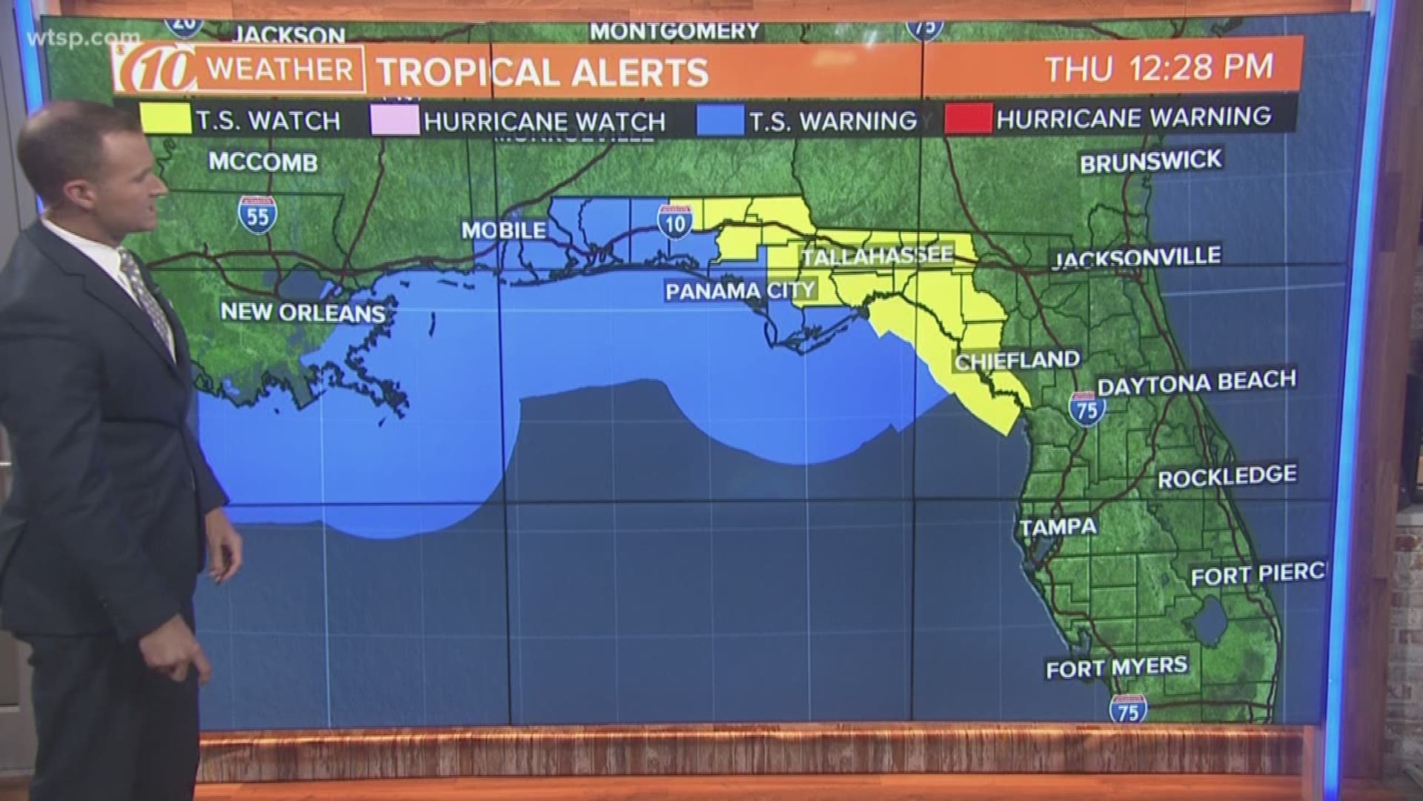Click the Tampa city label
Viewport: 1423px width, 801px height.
tap(1058, 527)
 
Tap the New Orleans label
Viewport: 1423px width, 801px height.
tap(303, 312)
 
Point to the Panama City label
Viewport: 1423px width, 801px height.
tap(740, 290)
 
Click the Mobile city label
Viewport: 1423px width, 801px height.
tap(504, 231)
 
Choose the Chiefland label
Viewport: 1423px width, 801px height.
tap(1017, 361)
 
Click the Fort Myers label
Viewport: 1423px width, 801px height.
tap(1116, 667)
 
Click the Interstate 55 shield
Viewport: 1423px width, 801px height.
tap(258, 214)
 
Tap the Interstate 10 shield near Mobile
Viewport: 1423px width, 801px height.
tap(675, 221)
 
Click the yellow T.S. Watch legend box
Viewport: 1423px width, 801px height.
tap(165, 119)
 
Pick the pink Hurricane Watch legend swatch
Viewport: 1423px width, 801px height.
tap(394, 120)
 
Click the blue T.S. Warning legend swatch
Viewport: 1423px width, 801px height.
tap(720, 120)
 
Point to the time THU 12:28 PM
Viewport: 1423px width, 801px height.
tap(1159, 67)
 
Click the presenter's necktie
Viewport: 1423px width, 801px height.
tap(148, 297)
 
